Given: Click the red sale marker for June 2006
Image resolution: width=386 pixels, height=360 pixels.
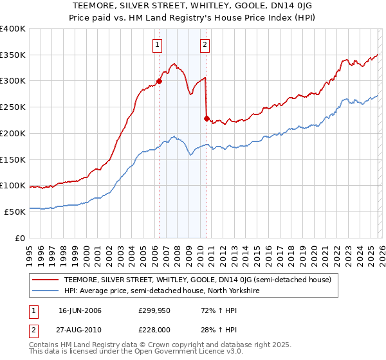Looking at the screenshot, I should (159, 82).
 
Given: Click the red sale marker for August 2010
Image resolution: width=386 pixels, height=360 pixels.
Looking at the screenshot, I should (207, 118).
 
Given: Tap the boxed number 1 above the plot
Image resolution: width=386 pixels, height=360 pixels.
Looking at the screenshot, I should (158, 45).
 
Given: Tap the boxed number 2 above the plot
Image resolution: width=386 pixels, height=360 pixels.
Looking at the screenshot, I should (205, 45).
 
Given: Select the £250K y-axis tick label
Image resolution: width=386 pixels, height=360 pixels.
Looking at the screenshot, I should (13, 107).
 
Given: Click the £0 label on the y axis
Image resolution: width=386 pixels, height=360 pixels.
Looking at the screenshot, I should (20, 238).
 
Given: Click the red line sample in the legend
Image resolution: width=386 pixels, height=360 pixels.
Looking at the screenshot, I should (45, 280).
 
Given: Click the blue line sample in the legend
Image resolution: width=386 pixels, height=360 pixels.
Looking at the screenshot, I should (45, 291).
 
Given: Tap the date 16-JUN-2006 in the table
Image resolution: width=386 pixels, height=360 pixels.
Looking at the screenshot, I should (80, 310).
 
